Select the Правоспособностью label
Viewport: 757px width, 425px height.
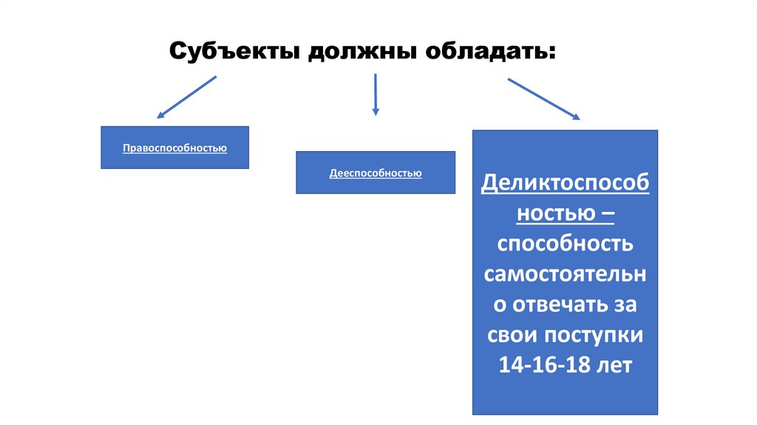tap(174, 148)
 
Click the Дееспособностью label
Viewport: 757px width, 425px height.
tap(376, 173)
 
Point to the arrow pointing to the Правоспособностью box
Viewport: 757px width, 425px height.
tap(186, 97)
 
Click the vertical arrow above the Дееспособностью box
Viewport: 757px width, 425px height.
tap(376, 94)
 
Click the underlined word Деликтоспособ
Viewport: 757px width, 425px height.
tap(566, 183)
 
